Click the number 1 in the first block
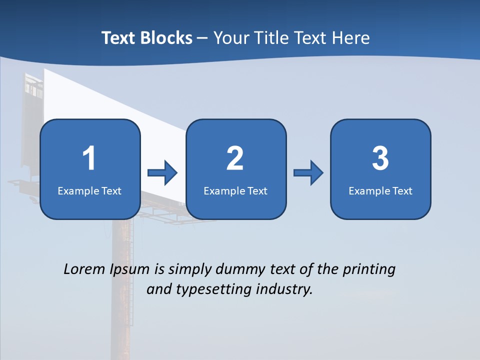coord(89,158)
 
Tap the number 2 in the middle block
coord(235,158)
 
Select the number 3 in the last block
coord(380,158)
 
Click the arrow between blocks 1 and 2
coord(162,173)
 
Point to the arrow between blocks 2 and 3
coord(308,173)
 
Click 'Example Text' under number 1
coord(89,190)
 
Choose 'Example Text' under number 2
coord(235,190)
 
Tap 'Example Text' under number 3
coord(380,190)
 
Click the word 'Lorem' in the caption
coord(84,269)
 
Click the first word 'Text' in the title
coord(119,38)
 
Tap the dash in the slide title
coord(202,38)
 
